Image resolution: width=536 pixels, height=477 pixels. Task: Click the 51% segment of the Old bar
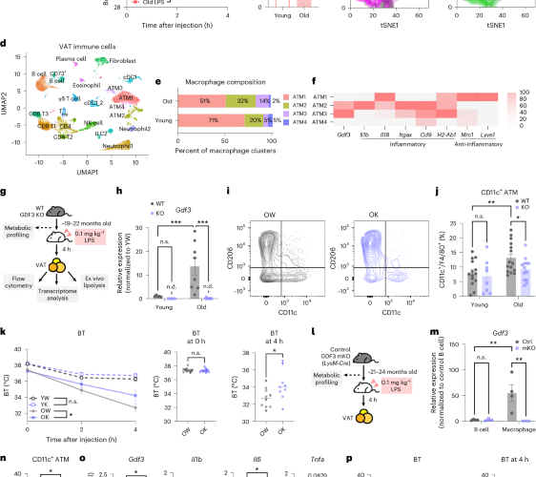click(x=196, y=98)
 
